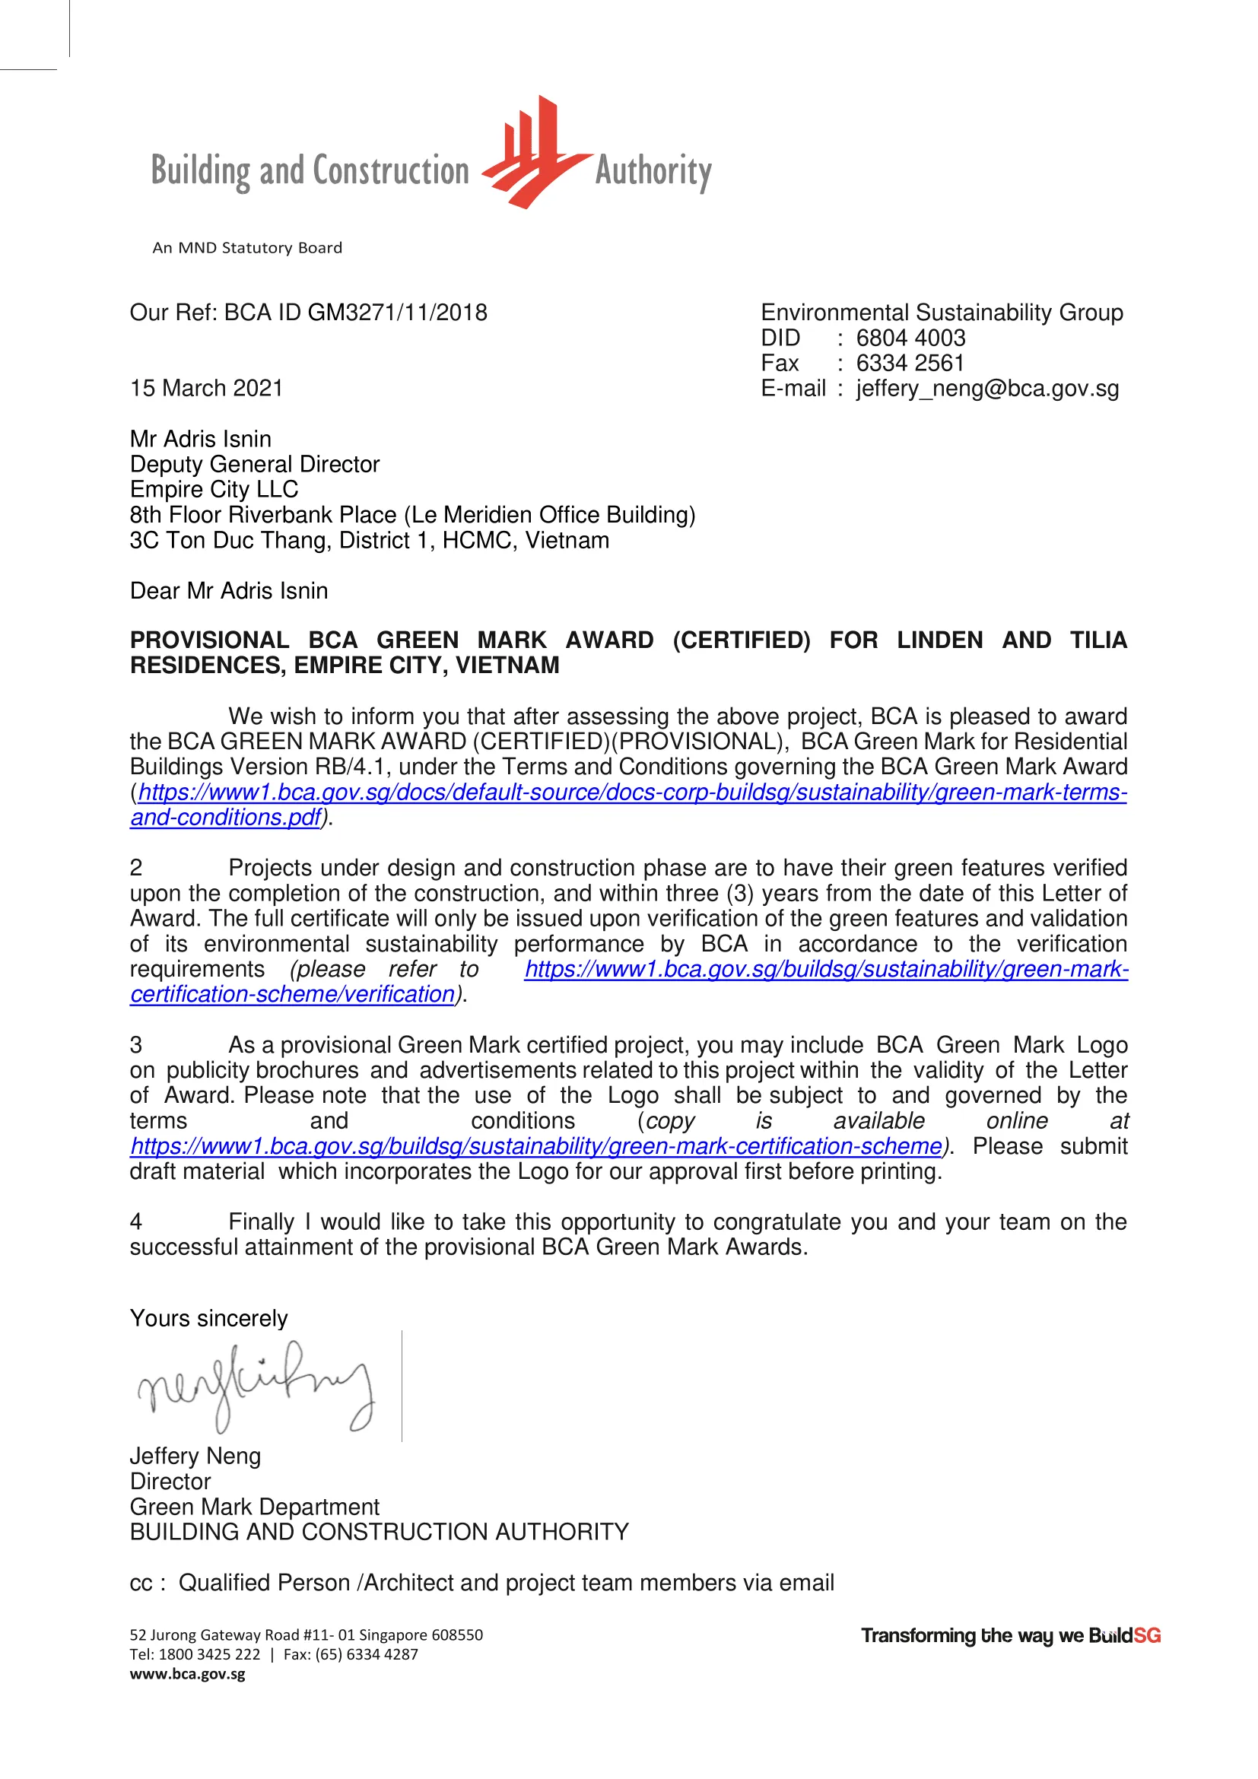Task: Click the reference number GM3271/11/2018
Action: click(x=397, y=313)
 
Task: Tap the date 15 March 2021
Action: click(x=207, y=388)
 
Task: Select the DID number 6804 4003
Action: click(x=910, y=338)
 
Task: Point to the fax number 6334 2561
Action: click(x=910, y=364)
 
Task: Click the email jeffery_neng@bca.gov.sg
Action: click(x=987, y=389)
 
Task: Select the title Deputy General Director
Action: click(x=255, y=464)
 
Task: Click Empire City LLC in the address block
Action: click(x=214, y=490)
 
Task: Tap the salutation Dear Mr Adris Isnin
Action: click(x=228, y=591)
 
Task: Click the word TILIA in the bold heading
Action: click(x=1098, y=640)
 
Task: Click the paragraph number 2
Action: click(x=136, y=868)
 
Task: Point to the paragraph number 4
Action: click(x=136, y=1222)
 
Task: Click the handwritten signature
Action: click(x=256, y=1387)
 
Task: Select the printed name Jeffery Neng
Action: click(x=195, y=1456)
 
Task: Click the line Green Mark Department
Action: click(x=254, y=1507)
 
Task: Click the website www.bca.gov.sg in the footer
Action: click(x=187, y=1674)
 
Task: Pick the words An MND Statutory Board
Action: click(x=247, y=248)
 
